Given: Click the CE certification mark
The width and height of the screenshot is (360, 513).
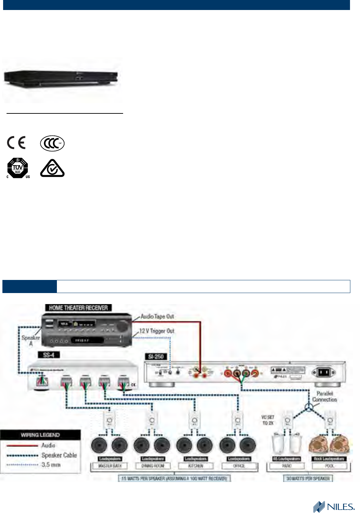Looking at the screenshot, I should coord(16,142).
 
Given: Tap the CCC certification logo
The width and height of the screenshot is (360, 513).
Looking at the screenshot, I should coord(52,143).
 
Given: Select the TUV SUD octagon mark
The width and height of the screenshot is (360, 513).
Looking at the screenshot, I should coord(18,168).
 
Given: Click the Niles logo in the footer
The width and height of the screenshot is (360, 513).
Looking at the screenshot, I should coord(333,506).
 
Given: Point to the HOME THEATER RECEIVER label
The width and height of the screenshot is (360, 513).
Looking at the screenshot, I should coord(78,308).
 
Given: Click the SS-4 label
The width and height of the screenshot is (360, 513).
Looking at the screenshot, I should coord(49,355).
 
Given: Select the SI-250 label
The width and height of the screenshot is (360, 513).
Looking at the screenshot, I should coord(156,356).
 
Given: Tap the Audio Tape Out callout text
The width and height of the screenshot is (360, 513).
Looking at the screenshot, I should coord(157,316).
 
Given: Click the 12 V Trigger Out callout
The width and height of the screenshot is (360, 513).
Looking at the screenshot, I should coord(157,331).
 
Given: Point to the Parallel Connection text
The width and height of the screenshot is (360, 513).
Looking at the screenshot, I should coord(324,396).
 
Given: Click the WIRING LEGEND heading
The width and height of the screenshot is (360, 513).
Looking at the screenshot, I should coord(40,435).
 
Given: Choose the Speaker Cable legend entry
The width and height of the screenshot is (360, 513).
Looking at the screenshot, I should coord(59,455).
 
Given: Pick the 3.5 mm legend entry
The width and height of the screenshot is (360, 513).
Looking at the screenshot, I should coord(51,465).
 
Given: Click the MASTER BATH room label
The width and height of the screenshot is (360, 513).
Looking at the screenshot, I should coord(110,466).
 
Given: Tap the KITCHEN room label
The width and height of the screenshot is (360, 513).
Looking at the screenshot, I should coord(196,466).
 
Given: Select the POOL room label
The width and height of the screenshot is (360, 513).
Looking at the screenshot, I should coord(330,466).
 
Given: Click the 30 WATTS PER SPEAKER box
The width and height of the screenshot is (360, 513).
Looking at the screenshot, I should coord(308,479).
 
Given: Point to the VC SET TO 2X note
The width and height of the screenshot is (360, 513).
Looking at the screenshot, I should coord(268,420).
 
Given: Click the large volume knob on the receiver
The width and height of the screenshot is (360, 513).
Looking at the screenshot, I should coord(122,326).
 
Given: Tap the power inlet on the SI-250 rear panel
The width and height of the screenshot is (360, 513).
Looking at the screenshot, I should coord(323,372).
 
